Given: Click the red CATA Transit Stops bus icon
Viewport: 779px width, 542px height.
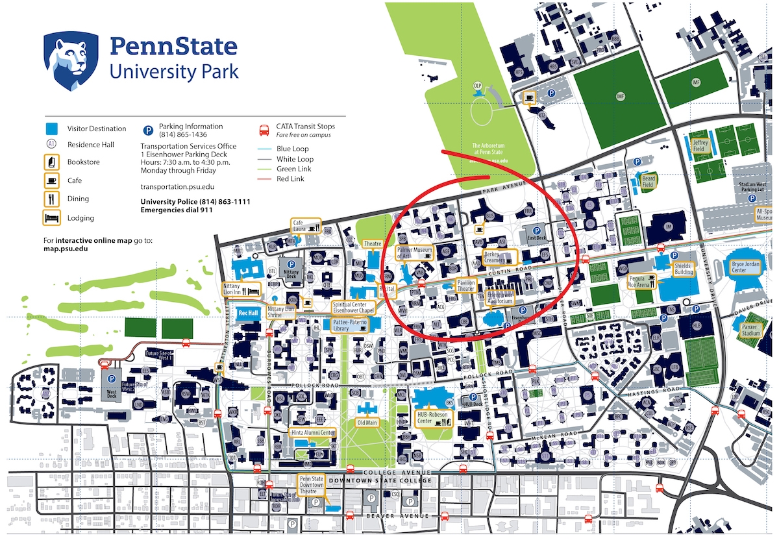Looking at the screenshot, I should [x=264, y=130].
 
